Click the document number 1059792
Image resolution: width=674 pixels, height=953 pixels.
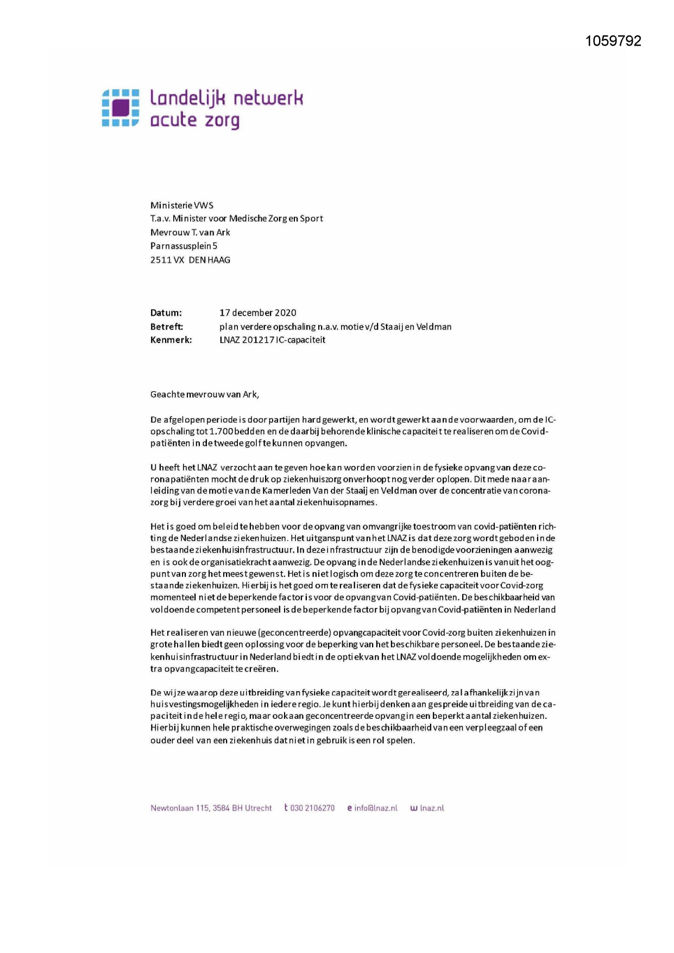[613, 41]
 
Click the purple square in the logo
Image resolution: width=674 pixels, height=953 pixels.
[121, 108]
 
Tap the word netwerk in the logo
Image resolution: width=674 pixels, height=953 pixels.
[268, 98]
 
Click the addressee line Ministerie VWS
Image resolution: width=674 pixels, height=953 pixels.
[182, 205]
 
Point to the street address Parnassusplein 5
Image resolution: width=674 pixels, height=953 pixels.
[184, 246]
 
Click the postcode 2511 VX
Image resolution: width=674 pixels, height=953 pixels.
[167, 260]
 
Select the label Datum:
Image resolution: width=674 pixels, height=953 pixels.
[166, 313]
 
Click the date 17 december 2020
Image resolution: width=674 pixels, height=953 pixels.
[258, 313]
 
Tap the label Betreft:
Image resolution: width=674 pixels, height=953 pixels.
[167, 327]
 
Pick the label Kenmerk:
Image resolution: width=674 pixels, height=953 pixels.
[171, 340]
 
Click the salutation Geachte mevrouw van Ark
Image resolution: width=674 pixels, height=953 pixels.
[204, 394]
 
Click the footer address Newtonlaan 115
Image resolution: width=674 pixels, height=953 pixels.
[180, 808]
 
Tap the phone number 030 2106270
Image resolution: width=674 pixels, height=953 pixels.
[312, 808]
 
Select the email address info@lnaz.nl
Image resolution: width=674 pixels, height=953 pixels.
[376, 808]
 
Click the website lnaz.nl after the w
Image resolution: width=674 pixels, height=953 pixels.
[432, 808]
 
